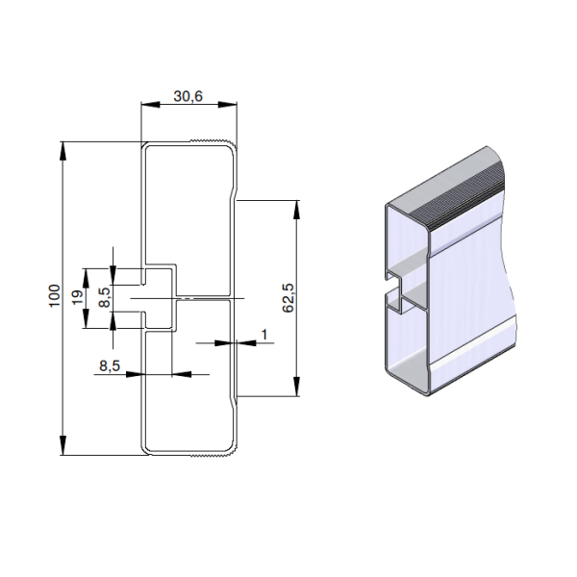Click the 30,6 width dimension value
pyautogui.click(x=188, y=96)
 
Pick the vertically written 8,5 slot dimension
pyautogui.click(x=105, y=298)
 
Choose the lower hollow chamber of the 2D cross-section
pyautogui.click(x=188, y=385)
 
